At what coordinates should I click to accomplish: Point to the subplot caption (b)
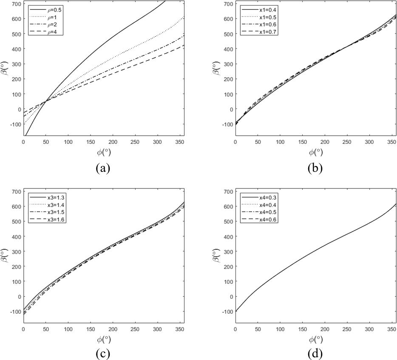pos(315,168)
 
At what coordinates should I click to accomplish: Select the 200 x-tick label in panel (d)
pos(325,330)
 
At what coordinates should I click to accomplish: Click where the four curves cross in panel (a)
pos(45,100)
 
